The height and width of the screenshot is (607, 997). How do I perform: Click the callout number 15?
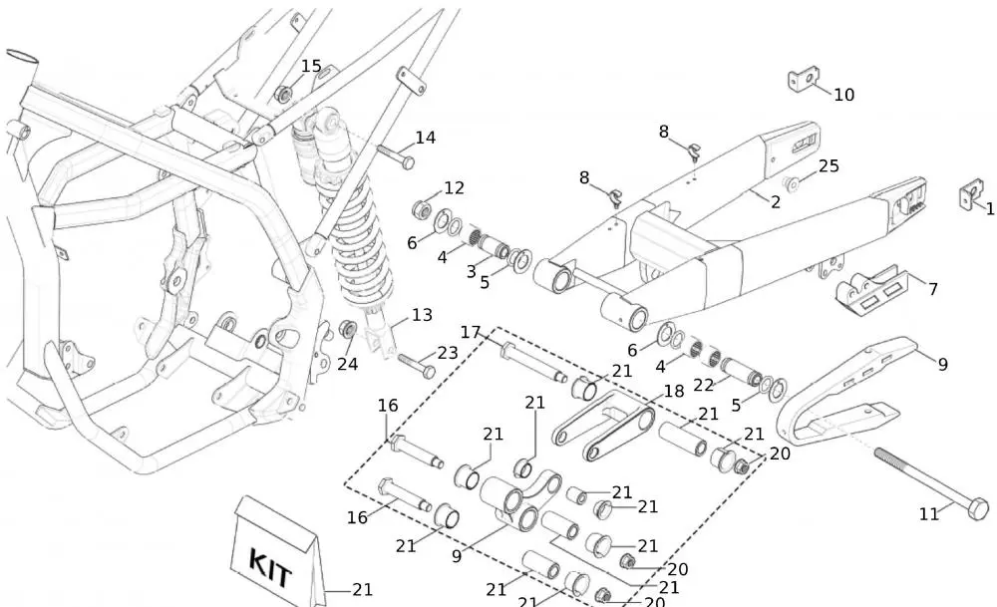311,67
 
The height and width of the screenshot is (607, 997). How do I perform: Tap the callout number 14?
426,138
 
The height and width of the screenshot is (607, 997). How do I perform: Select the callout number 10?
843,95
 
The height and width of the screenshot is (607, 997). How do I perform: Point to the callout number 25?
829,166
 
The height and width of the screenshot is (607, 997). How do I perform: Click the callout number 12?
454,187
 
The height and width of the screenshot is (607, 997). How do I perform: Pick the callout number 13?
422,315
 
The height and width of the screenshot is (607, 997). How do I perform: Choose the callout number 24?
347,364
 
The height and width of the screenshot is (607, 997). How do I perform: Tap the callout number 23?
447,352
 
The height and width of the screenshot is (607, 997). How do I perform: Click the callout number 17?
471,332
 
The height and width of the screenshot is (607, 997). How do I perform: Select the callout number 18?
674,392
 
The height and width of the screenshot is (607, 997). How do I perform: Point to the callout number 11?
929,514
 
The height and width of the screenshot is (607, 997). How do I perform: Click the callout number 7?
933,289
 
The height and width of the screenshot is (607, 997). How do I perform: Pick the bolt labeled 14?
396,156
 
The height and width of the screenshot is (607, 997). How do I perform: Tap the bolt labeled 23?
417,365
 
